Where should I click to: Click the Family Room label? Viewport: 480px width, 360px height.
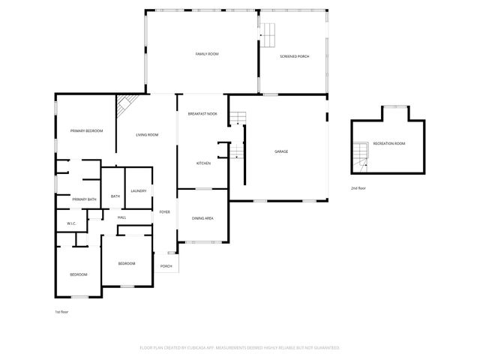point(206,55)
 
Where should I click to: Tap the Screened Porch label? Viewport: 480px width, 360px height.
point(295,57)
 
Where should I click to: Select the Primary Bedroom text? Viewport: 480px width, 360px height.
point(86,131)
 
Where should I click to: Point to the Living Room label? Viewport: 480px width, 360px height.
point(147,135)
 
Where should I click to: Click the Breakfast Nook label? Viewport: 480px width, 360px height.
point(202,113)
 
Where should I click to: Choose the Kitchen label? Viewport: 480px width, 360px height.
point(203,163)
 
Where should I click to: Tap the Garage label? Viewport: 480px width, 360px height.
point(281,152)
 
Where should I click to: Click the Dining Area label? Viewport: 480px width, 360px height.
point(202,218)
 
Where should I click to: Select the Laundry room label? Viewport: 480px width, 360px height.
point(138,191)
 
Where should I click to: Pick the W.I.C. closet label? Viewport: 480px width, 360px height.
point(72,223)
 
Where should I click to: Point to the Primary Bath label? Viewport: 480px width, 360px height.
point(84,199)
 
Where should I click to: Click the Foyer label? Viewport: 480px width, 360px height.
point(164,212)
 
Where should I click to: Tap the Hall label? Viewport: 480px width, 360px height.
point(121,217)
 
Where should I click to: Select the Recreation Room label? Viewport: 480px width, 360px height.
point(389,143)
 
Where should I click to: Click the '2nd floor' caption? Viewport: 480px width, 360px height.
point(358,187)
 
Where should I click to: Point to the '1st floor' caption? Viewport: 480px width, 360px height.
point(61,311)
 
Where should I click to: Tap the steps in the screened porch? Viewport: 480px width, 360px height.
point(269,32)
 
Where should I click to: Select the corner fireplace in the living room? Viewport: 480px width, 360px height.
point(124,106)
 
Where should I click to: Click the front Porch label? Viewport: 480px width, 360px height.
point(166,266)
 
